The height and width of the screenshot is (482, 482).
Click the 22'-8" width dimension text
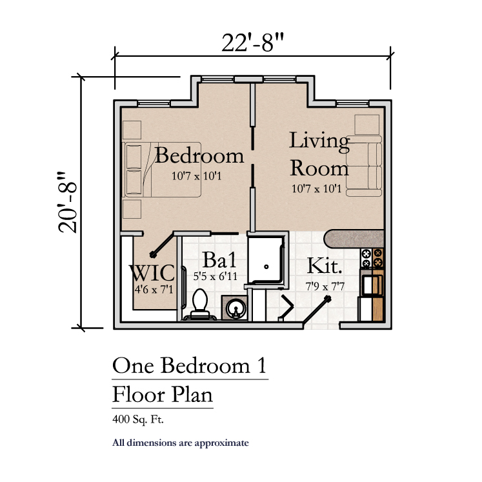(x=252, y=43)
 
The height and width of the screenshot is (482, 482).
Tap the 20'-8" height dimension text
(x=67, y=202)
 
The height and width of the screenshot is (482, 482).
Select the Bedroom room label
(x=199, y=156)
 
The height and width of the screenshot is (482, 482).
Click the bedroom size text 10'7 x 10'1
(x=196, y=176)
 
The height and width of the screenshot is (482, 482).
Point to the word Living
(x=319, y=141)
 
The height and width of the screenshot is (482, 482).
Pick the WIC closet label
(x=152, y=273)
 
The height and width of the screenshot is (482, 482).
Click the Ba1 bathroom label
(x=219, y=260)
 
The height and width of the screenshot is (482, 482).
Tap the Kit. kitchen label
(x=325, y=266)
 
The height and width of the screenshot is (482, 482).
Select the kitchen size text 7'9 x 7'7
(x=325, y=286)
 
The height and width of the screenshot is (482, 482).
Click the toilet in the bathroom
(x=200, y=305)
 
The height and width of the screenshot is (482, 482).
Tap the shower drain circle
(x=266, y=267)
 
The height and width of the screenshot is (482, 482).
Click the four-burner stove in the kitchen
(x=372, y=258)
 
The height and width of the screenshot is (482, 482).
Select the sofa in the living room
(x=365, y=166)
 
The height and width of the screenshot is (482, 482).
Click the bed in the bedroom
(x=162, y=169)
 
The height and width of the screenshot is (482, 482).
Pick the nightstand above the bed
(x=132, y=130)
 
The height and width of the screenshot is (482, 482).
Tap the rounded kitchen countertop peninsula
(x=354, y=239)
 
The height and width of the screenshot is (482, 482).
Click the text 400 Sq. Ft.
(x=138, y=419)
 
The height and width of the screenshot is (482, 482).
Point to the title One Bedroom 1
(x=189, y=366)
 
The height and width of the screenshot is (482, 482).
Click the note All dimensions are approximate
(x=181, y=443)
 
